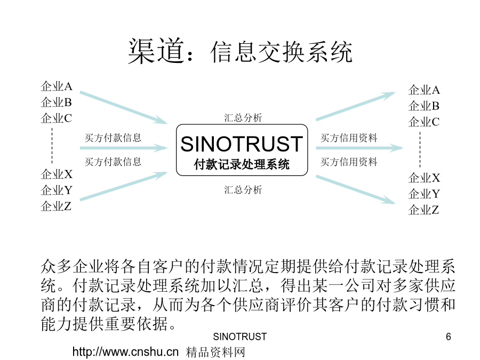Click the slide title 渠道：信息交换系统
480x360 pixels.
click(x=240, y=51)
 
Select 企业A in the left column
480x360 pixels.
click(x=57, y=86)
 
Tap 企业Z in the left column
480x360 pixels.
click(x=56, y=206)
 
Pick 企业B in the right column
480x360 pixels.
click(x=424, y=106)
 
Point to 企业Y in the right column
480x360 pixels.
click(x=424, y=194)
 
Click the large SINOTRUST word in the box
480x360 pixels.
click(x=242, y=144)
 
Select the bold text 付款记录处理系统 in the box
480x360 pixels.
click(x=242, y=164)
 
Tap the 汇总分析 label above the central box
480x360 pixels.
click(x=243, y=118)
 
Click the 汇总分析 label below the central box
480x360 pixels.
click(x=243, y=190)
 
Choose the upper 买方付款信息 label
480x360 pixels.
click(x=113, y=138)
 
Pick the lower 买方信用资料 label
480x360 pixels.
click(x=349, y=162)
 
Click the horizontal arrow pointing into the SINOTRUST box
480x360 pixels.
click(x=124, y=148)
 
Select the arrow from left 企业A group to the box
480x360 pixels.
click(x=124, y=107)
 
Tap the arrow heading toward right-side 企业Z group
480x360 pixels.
click(x=356, y=189)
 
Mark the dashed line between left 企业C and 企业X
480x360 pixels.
click(x=52, y=146)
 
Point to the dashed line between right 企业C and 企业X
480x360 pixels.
click(x=420, y=149)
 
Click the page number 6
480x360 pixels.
click(x=449, y=337)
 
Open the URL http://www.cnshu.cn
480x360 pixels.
click(x=125, y=352)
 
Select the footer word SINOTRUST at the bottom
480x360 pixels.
click(x=239, y=337)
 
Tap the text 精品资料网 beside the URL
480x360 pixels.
click(x=216, y=352)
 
